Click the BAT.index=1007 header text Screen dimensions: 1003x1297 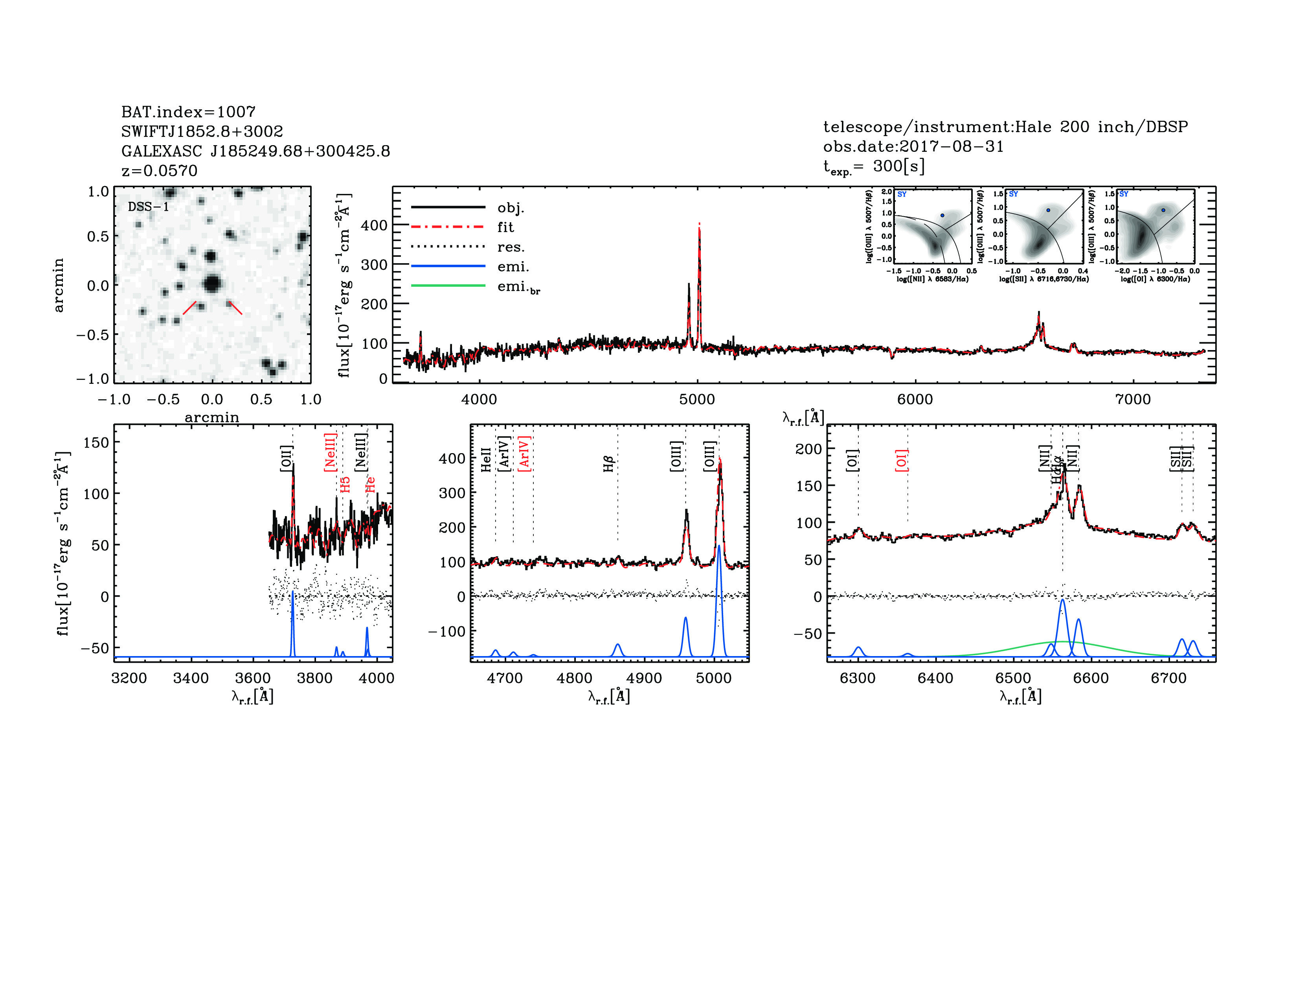pyautogui.click(x=188, y=112)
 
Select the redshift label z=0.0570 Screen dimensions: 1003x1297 pyautogui.click(x=159, y=171)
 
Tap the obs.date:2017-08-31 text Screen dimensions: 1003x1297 pyautogui.click(x=913, y=146)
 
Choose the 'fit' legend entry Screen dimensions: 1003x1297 pyautogui.click(x=505, y=227)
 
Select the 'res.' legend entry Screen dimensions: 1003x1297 pyautogui.click(x=511, y=247)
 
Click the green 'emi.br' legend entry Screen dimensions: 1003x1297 pyautogui.click(x=518, y=287)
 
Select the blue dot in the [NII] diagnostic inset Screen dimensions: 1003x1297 pyautogui.click(x=942, y=215)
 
